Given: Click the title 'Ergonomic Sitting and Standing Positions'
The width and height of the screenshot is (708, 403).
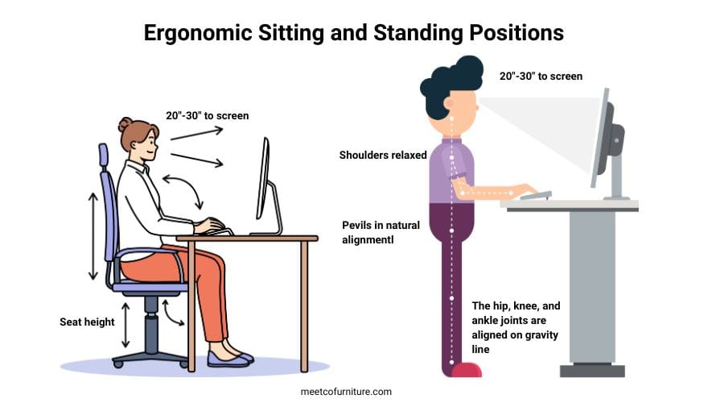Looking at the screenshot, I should point(353,33).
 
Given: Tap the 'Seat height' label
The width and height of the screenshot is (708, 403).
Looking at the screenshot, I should point(87,322).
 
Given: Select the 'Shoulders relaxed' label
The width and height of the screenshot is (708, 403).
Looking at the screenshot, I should point(383,155).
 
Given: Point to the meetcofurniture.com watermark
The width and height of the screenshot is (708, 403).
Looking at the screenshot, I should point(346,392).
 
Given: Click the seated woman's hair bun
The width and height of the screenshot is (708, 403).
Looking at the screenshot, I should point(125,124).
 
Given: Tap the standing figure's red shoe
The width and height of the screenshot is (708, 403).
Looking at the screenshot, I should point(466,370).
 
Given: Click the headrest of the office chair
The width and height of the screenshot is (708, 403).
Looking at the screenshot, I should point(103,158).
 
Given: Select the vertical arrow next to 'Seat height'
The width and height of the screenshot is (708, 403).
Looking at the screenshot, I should point(125,323).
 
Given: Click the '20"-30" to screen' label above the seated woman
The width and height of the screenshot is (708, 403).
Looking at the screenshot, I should point(208,115).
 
